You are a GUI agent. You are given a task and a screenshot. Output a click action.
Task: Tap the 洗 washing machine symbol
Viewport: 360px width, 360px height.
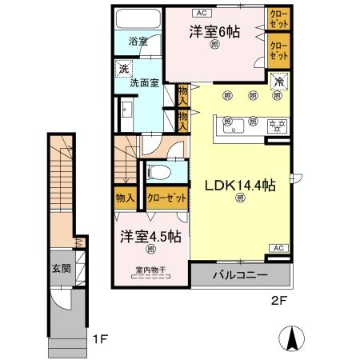124,68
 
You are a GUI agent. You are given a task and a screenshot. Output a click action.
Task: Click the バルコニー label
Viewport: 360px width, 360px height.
240,276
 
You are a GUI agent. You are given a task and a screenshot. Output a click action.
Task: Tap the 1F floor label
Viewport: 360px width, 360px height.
98,339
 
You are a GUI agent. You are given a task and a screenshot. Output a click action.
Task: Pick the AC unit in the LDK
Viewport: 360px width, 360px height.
277,249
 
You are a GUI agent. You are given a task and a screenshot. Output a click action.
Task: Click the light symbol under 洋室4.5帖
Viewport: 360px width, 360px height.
150,250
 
